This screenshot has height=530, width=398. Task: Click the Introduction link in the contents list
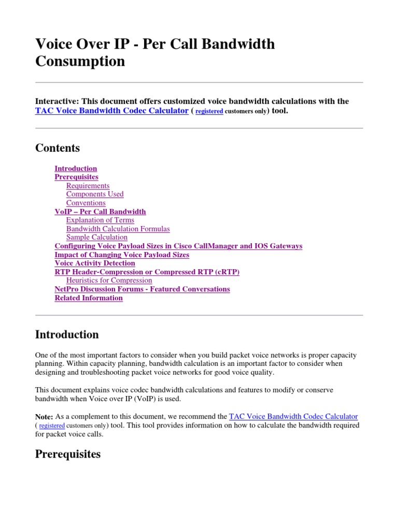point(76,168)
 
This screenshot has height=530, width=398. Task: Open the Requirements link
point(88,185)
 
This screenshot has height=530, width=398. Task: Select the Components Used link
point(95,194)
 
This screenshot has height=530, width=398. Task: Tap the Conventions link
point(86,203)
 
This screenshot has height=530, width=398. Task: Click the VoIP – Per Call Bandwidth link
point(100,211)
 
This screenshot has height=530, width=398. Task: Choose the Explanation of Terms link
point(100,220)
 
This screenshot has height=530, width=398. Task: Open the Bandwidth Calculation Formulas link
point(118,229)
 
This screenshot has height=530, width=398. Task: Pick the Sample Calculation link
point(96,237)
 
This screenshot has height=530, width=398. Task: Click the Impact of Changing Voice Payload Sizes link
point(122,255)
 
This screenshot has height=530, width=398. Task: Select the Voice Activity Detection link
point(95,263)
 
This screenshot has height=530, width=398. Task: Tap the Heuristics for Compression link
point(109,281)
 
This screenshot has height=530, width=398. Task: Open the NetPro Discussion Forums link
point(142,289)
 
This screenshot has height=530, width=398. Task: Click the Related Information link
point(89,298)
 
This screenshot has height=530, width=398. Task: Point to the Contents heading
point(58,148)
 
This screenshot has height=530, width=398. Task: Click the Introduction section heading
point(67,334)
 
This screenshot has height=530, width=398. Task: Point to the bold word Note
point(44,417)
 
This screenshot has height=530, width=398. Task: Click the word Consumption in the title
point(80,61)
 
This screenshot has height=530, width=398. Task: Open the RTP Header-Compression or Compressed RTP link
point(147,272)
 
